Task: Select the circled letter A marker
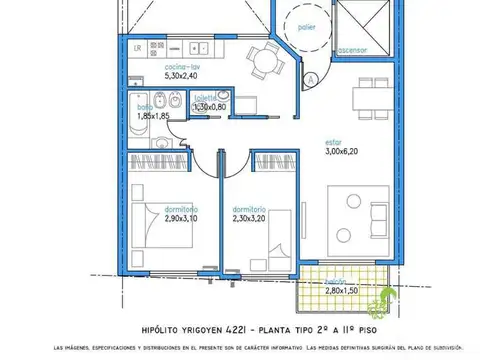click(312, 78)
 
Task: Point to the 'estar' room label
click(338, 141)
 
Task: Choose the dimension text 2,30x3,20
click(248, 218)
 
